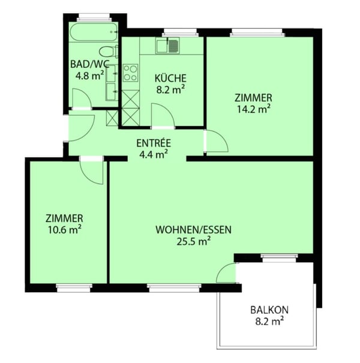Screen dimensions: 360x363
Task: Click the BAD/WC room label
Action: pyautogui.click(x=89, y=64)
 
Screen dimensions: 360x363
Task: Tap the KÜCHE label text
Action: pyautogui.click(x=170, y=78)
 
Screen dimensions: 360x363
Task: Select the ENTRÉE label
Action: pyautogui.click(x=154, y=143)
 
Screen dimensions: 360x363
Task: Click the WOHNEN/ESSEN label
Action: pyautogui.click(x=194, y=230)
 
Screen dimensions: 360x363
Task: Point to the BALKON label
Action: pyautogui.click(x=269, y=310)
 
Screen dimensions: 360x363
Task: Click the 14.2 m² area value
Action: pyautogui.click(x=254, y=109)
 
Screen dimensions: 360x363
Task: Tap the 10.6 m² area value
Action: pyautogui.click(x=65, y=230)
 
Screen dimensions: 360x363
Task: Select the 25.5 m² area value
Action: pyautogui.click(x=194, y=241)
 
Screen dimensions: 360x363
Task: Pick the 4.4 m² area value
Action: pyautogui.click(x=154, y=154)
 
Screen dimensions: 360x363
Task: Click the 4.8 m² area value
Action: pyautogui.click(x=89, y=76)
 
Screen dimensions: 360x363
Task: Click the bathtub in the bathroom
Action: pyautogui.click(x=94, y=32)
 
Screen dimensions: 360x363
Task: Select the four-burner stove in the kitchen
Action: pyautogui.click(x=131, y=73)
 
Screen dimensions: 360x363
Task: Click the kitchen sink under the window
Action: pyautogui.click(x=168, y=46)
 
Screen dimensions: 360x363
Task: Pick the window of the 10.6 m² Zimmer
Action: pyautogui.click(x=74, y=287)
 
